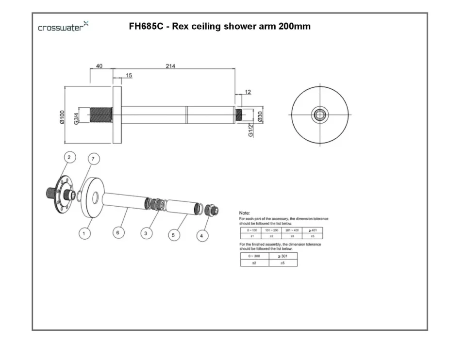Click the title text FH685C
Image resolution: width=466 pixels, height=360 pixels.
point(145,26)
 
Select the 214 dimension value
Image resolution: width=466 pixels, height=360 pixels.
point(170,66)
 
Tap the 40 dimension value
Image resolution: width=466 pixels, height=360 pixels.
point(100,66)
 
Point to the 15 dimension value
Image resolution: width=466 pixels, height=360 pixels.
point(129,75)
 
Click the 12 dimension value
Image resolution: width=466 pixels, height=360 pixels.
point(248,92)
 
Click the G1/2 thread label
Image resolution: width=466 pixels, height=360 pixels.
point(251,130)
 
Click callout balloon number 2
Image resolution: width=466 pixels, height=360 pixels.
point(69,157)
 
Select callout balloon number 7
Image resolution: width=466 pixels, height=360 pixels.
point(94,158)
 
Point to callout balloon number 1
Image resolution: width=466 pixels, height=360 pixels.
point(84,233)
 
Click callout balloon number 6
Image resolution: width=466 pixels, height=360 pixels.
point(117,233)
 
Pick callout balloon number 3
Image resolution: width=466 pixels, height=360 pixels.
point(146,233)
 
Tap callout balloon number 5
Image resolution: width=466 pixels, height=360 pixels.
point(174,235)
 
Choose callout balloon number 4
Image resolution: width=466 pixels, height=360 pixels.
point(202,235)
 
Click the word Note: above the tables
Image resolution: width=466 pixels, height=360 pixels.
point(245,213)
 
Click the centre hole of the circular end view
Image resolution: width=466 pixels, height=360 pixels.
point(320,115)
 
